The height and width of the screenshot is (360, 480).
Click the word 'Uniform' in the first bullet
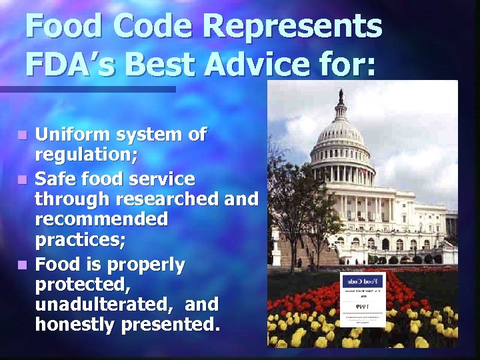71,135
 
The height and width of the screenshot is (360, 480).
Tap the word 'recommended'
101,219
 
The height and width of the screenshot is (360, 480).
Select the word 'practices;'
75,238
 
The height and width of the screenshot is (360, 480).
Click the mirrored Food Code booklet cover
363,299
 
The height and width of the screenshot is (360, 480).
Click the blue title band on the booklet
363,282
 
